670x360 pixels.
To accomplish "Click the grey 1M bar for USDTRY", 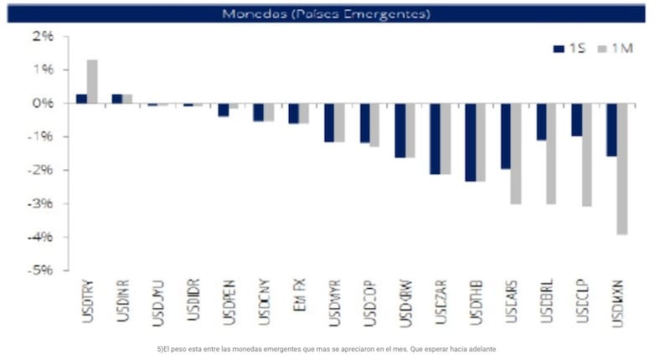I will (92, 81).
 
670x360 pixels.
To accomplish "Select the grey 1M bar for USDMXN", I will (622, 168).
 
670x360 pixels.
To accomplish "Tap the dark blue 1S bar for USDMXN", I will (611, 130).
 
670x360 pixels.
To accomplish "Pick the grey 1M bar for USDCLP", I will (587, 155).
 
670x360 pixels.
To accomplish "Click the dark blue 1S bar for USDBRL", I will (541, 121).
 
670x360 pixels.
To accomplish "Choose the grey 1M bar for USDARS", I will (516, 153).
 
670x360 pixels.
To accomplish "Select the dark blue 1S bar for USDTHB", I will (470, 141).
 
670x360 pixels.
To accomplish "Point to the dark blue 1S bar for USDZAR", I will (435, 138).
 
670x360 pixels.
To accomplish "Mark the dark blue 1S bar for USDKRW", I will (399, 130).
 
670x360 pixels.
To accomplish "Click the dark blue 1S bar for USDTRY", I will (81, 98).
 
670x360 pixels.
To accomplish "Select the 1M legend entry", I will (615, 48).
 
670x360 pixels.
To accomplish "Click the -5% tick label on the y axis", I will (41, 270).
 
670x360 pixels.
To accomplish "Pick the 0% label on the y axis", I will (43, 104).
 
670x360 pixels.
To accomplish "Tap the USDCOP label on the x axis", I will (368, 302).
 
